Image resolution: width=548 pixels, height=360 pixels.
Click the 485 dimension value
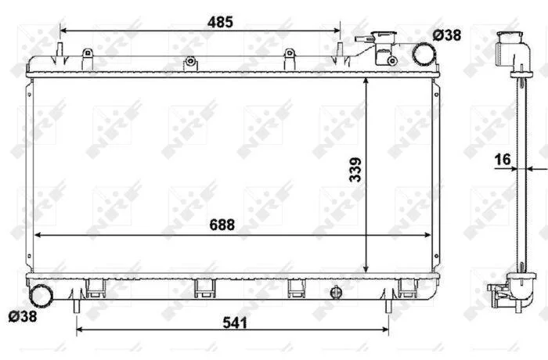(x=220, y=22)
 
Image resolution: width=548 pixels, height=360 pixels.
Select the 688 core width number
(x=222, y=225)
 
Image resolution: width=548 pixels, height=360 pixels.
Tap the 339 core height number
(x=355, y=170)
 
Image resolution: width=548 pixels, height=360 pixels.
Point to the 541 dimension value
(x=235, y=322)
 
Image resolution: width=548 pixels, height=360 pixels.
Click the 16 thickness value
(x=503, y=160)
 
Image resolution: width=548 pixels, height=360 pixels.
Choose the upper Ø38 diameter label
(x=447, y=35)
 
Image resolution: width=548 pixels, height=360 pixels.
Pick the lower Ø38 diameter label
(x=23, y=317)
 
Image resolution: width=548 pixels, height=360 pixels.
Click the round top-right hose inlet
(x=424, y=54)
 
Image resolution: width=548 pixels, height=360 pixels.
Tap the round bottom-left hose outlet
(x=41, y=296)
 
